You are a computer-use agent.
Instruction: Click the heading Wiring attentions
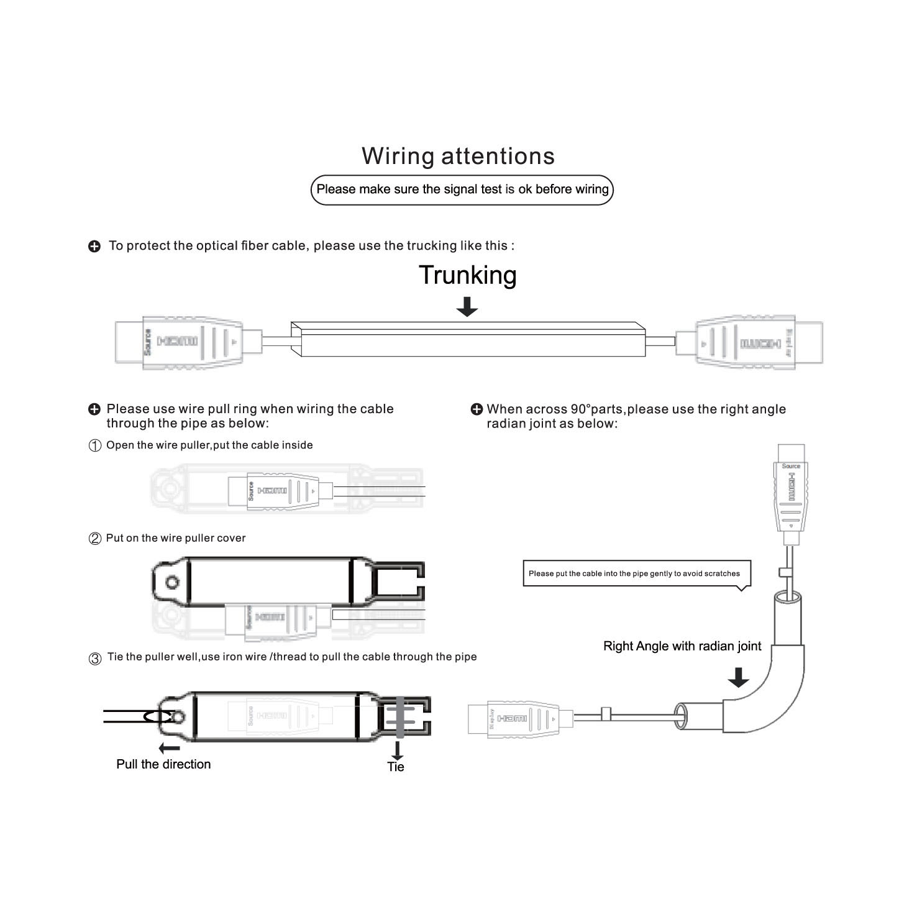458,156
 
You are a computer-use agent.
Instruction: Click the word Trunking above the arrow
467,275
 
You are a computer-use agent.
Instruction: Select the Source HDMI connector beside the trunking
186,342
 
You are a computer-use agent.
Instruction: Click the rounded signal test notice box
462,189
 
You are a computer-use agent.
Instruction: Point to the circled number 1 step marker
95,446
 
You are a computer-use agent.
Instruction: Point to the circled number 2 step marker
95,539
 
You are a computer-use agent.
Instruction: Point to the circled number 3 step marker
95,659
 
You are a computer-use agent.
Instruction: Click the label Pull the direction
163,764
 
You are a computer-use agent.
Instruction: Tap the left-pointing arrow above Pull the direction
169,748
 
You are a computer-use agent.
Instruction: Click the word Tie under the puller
396,767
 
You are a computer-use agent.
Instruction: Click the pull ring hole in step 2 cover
173,583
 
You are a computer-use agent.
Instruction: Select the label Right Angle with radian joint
682,646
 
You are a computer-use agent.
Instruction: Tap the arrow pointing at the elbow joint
738,677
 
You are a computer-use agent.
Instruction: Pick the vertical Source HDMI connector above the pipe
791,491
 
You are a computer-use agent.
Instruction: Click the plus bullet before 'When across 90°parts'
477,409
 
